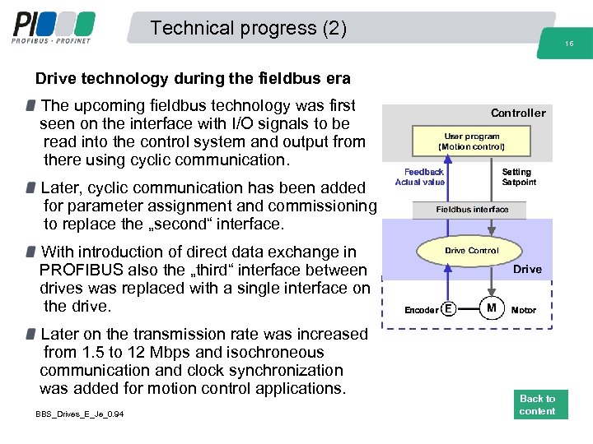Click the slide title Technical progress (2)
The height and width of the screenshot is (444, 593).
coord(249,28)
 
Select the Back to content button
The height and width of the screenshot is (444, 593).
coord(537,405)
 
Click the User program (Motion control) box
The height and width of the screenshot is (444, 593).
coord(471,141)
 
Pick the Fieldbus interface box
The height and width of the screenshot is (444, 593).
coord(472,209)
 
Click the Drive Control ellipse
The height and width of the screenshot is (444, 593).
coord(471,250)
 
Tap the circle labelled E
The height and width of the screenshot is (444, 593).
coord(448,309)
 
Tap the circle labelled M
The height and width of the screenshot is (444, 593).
coord(492,308)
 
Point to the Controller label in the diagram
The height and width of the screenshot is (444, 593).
coord(518,113)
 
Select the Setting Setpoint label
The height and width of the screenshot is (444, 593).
coord(518,177)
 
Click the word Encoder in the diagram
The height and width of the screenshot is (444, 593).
coord(421,310)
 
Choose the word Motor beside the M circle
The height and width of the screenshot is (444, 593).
coord(524,310)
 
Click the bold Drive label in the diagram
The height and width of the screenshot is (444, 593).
coord(527,269)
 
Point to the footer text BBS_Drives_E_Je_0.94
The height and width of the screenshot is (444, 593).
coord(80,414)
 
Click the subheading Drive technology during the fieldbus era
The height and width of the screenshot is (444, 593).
coord(193,79)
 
